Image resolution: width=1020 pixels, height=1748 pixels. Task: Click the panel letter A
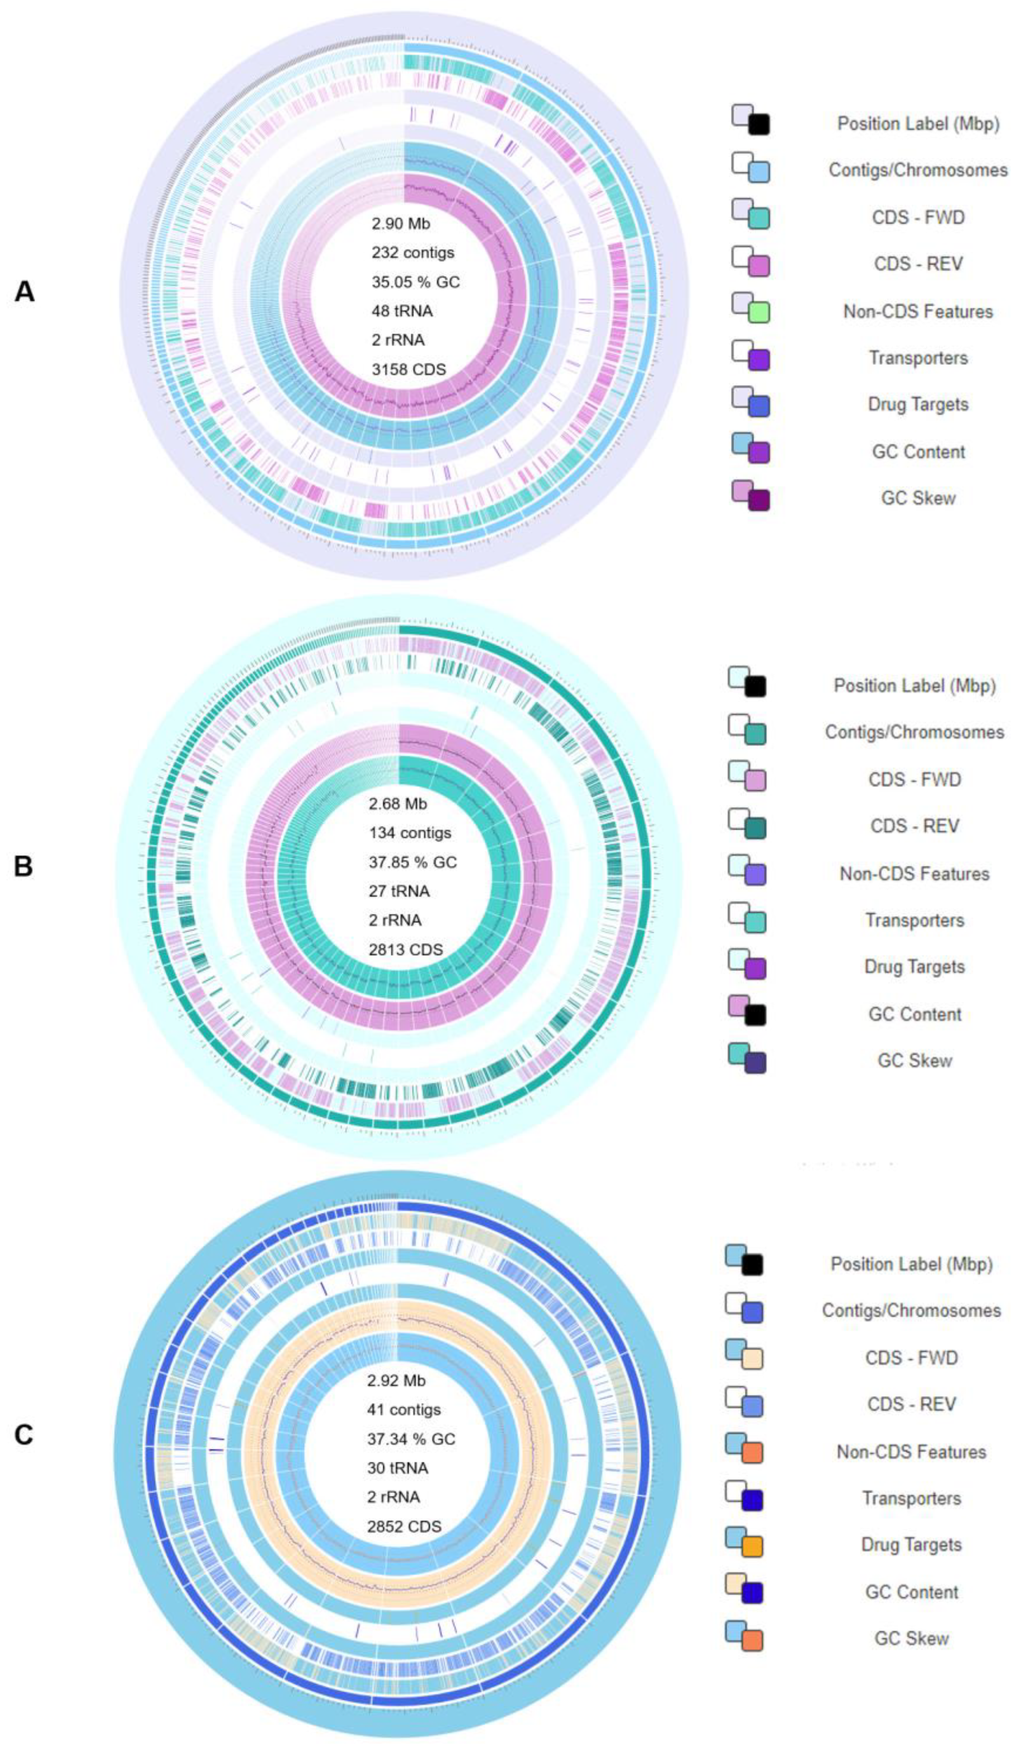point(25,292)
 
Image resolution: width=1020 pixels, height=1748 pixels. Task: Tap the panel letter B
point(23,866)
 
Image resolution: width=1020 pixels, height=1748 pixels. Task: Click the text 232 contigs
point(412,253)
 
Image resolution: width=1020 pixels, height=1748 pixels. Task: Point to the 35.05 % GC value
point(415,282)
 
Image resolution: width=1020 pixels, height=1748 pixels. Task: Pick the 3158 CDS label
point(408,369)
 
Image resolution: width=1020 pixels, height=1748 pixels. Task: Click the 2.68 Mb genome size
point(398,804)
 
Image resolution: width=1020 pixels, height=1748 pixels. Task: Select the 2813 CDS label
point(405,950)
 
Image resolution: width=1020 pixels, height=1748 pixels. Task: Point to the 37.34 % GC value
point(411,1439)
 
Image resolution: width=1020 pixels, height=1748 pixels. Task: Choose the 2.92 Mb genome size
point(396,1380)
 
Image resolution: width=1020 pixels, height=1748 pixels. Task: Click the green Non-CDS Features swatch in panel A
point(759,313)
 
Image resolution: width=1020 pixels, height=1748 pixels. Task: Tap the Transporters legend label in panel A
point(918,358)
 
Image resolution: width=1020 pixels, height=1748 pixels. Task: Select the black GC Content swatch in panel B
point(755,1015)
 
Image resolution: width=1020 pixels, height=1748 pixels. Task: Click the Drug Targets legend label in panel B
point(914,967)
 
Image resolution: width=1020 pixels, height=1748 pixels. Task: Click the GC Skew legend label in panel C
point(911,1639)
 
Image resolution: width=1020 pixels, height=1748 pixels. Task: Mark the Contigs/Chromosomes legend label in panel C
point(911,1311)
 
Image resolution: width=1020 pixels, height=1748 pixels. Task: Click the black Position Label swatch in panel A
point(759,125)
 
